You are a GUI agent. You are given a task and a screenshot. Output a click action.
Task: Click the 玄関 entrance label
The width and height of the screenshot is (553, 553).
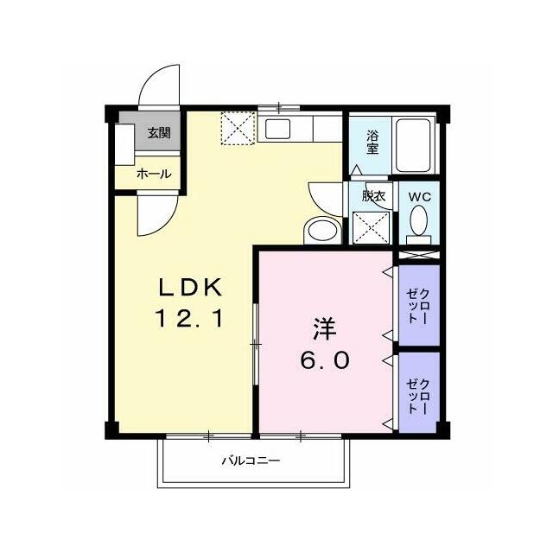159,133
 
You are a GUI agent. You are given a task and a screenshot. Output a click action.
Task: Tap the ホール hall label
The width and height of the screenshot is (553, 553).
154,174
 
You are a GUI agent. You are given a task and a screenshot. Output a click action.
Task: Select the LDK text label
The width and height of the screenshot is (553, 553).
190,288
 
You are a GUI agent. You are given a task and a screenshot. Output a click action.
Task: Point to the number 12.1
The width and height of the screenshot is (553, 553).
189,318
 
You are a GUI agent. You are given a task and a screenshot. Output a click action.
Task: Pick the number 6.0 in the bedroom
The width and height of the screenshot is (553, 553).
325,360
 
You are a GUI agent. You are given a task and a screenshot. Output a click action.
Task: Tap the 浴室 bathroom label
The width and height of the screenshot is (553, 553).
372,142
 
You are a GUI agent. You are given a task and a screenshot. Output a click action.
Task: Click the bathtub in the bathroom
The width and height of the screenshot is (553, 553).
414,145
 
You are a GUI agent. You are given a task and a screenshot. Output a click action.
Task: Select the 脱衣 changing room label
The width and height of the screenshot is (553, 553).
373,196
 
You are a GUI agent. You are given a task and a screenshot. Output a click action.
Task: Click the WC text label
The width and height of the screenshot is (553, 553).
420,197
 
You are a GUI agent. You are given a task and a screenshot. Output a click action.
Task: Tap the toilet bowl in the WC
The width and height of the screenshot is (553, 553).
419,220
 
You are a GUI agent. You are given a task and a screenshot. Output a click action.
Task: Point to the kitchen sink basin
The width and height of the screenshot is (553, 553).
278,129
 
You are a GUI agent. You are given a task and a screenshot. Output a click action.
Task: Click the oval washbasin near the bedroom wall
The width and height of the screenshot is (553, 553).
322,231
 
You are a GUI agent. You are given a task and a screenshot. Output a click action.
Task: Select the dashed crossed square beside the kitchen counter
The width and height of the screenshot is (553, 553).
238,128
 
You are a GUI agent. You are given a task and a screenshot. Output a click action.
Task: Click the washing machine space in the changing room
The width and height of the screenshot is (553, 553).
371,227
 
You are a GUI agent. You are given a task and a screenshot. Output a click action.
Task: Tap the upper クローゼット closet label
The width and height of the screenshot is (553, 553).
418,306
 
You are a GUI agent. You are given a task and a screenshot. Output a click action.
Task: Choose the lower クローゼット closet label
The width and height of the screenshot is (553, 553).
418,396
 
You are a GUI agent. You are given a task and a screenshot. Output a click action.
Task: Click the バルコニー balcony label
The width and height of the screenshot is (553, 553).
251,461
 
